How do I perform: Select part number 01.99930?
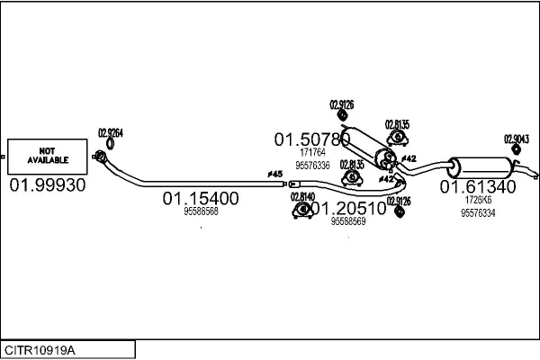pyautogui.click(x=48, y=184)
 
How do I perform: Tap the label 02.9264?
pyautogui.click(x=110, y=132)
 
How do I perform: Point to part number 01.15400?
pyautogui.click(x=200, y=198)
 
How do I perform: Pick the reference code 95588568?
pyautogui.click(x=201, y=211)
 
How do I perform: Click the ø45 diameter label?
pyautogui.click(x=274, y=173)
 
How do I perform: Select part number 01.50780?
pyautogui.click(x=311, y=139)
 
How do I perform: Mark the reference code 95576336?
pyautogui.click(x=312, y=166)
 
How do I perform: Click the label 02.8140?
pyautogui.click(x=302, y=196)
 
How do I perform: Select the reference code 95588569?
pyautogui.click(x=348, y=221)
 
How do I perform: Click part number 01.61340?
pyautogui.click(x=477, y=187)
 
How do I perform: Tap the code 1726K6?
pyautogui.click(x=477, y=200)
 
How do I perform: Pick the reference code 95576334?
pyautogui.click(x=477, y=213)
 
